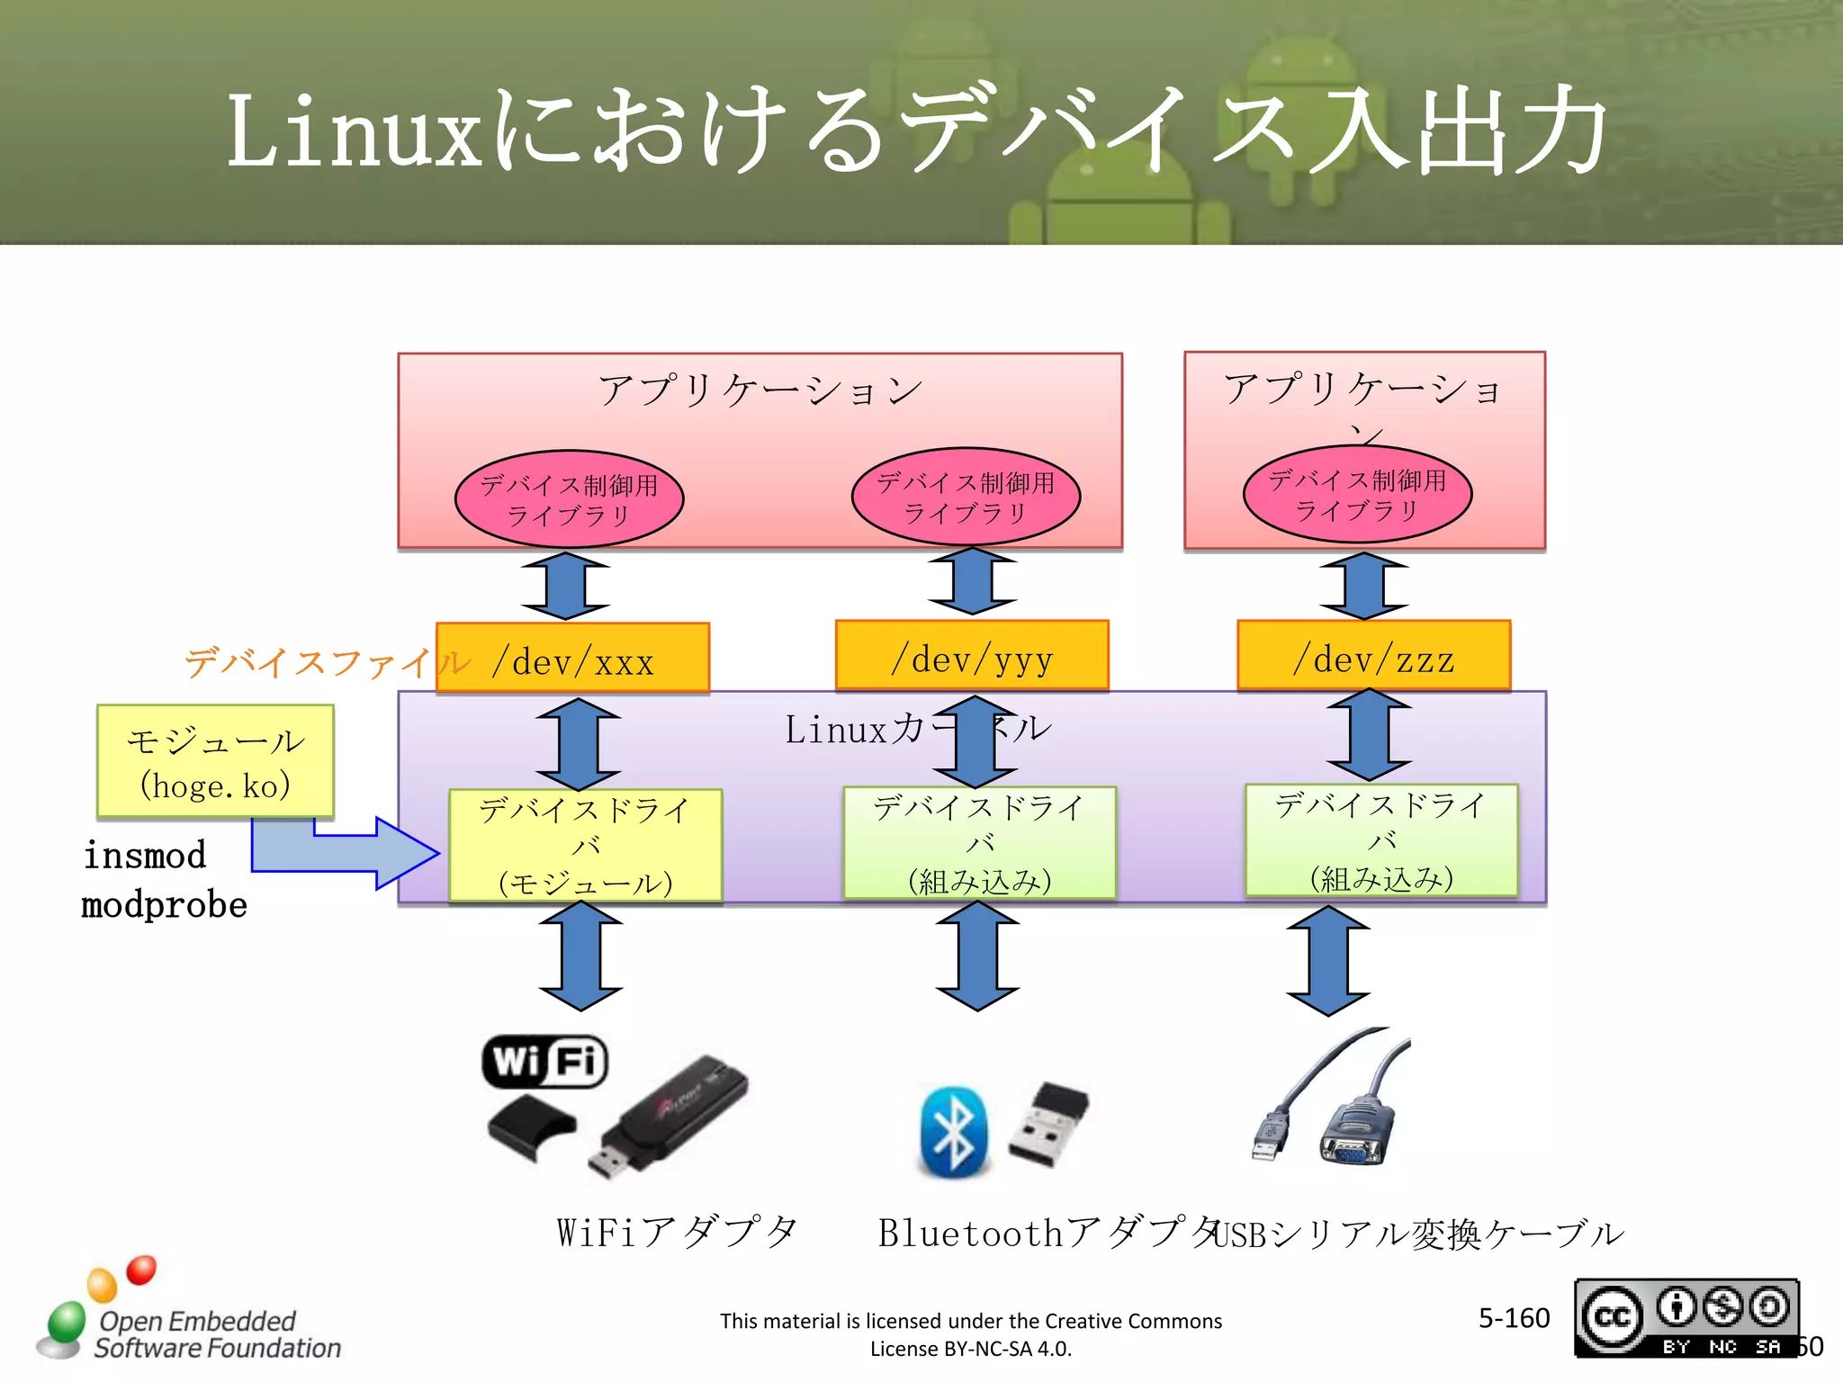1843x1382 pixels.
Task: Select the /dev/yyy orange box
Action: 972,657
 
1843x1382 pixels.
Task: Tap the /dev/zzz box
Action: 1373,657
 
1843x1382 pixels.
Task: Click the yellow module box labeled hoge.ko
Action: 215,761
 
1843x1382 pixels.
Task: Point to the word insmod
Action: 145,855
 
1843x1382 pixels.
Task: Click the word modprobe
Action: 164,904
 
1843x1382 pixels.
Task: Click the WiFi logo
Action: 544,1062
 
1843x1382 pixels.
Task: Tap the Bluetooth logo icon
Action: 952,1132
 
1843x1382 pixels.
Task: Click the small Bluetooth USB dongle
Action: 1048,1123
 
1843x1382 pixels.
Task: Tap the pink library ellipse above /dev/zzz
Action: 1357,495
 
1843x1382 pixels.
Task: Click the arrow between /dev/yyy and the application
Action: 972,583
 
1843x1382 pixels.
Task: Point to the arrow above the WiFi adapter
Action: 581,956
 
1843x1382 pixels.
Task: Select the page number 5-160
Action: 1514,1318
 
